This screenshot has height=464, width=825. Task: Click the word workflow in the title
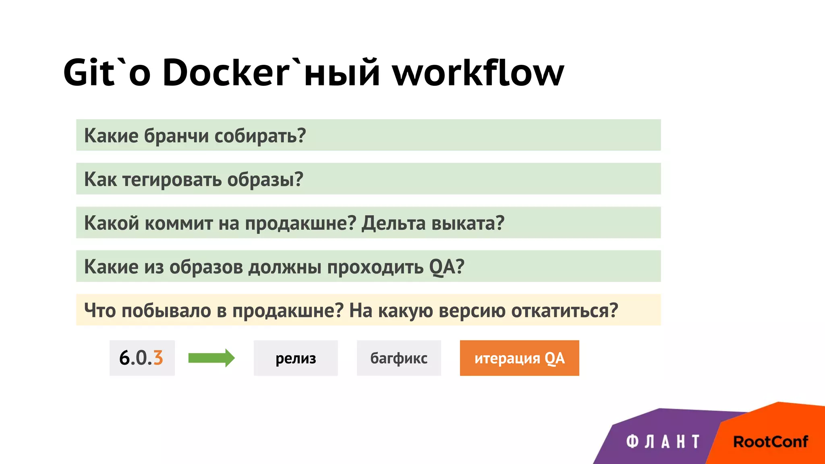478,72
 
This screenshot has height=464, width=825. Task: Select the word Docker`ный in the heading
271,72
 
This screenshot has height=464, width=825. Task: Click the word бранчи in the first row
176,136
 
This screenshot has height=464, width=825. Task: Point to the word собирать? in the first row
260,136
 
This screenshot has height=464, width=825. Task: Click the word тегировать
172,180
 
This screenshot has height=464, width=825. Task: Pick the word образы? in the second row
265,180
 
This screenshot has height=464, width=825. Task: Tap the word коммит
179,223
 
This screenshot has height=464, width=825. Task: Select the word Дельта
393,223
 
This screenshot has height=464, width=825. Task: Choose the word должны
284,267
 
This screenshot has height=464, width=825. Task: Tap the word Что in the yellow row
100,311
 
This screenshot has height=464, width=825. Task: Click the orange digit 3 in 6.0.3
158,358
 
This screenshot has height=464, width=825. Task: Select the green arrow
211,358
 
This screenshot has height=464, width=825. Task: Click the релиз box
296,358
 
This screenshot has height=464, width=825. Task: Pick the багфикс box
399,358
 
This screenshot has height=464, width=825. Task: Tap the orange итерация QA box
519,358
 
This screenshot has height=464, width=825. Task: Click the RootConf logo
770,442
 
